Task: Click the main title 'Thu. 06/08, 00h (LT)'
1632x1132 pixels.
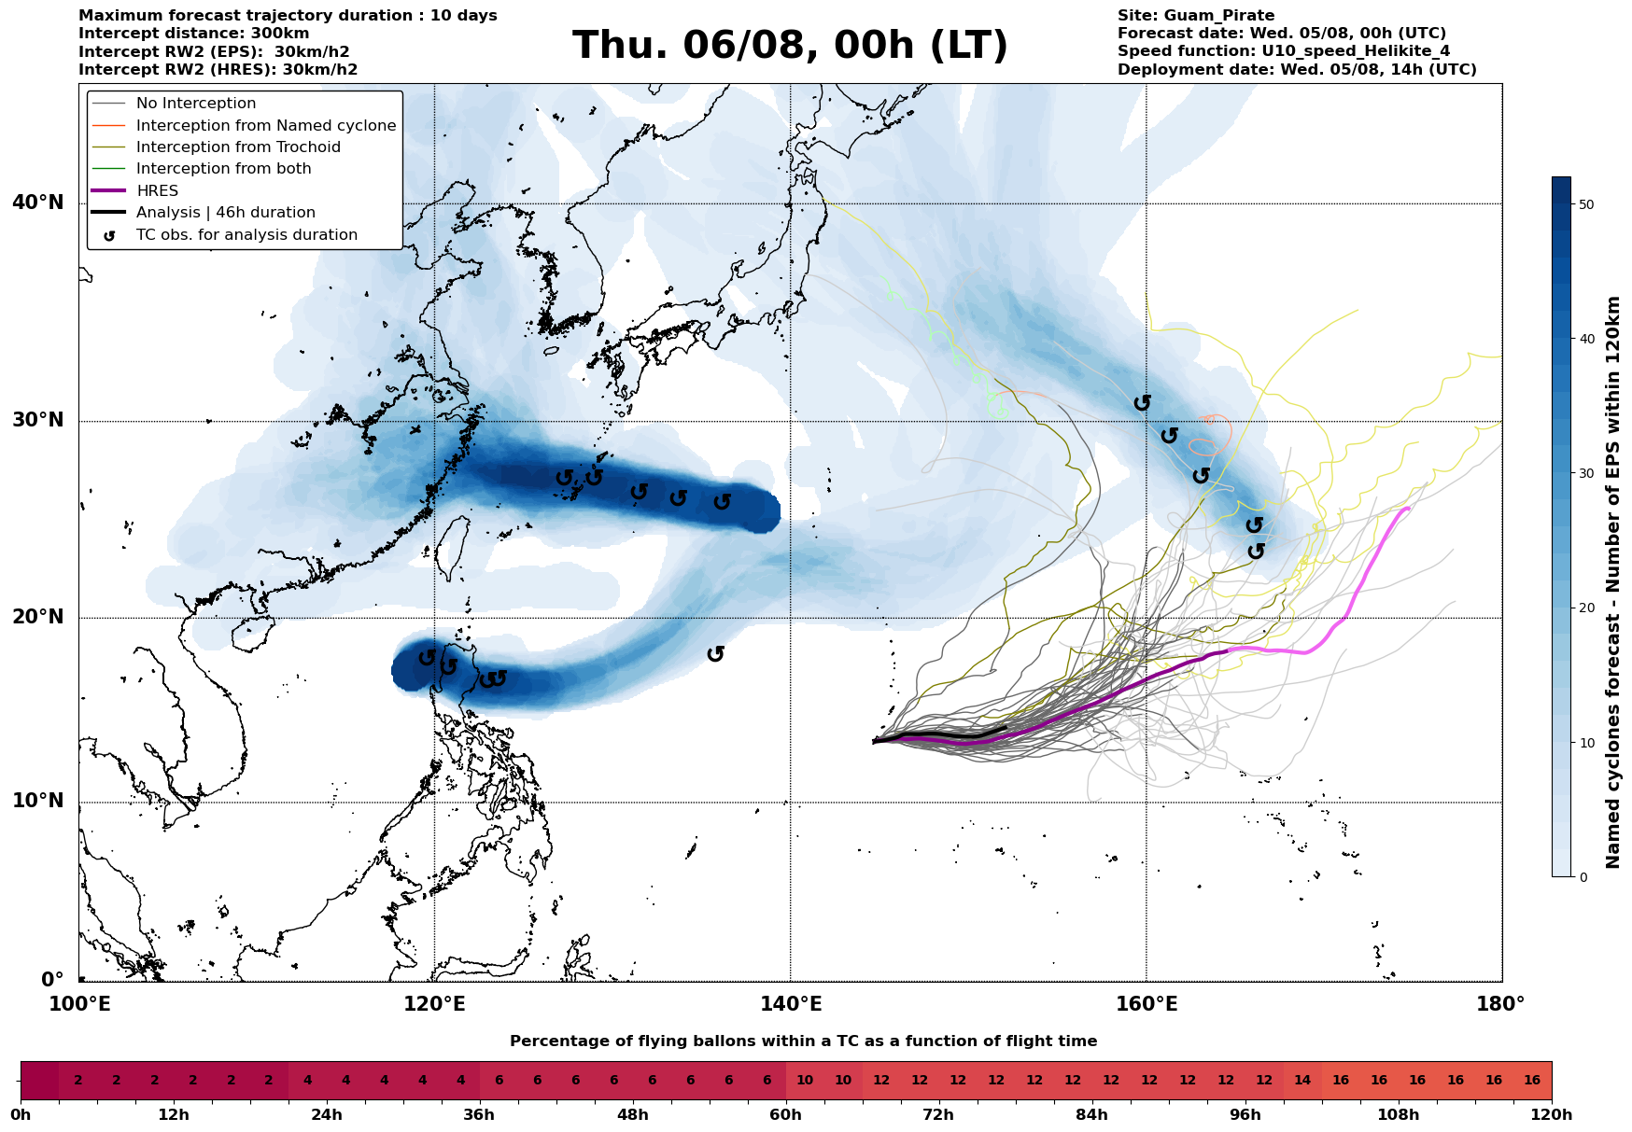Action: tap(790, 46)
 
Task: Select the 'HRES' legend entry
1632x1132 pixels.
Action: tap(157, 190)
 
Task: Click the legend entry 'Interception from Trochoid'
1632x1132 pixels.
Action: tap(238, 147)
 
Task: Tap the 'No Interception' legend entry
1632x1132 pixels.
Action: tap(196, 104)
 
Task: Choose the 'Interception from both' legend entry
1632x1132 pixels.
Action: tap(223, 169)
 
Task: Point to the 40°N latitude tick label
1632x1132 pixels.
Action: tap(38, 203)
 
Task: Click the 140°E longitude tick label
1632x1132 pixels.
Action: tap(790, 1004)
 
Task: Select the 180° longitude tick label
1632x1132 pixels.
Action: tap(1501, 1004)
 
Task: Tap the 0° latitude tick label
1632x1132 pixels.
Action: tap(52, 980)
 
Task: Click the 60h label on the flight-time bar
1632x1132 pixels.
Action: tap(786, 1115)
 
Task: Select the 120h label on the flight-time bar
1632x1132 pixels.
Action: tap(1552, 1115)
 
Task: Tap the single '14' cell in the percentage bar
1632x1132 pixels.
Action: tap(1302, 1081)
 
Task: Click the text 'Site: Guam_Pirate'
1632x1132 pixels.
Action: tap(1196, 16)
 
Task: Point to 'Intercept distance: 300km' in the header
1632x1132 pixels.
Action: tap(194, 34)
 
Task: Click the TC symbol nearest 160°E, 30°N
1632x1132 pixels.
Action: tap(1143, 403)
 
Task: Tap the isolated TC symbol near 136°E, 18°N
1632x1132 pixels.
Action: tap(716, 654)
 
